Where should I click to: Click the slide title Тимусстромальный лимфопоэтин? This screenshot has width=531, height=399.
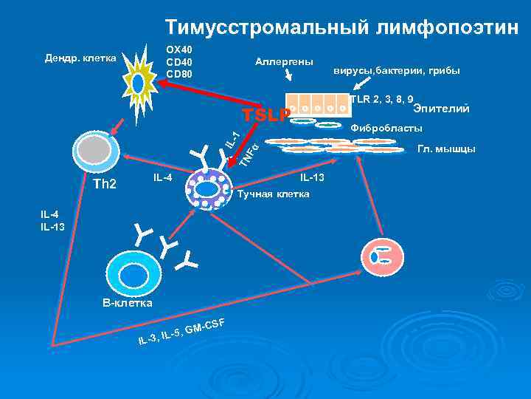tap(341, 27)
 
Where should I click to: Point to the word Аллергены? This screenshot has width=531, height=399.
tap(284, 61)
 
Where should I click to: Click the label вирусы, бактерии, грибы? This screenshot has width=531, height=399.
tap(397, 71)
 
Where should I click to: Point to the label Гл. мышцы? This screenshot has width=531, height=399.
tap(446, 149)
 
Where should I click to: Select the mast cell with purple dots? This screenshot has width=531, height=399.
tap(209, 190)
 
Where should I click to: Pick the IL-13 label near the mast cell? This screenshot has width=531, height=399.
tap(312, 178)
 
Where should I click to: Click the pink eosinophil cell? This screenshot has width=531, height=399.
tap(383, 256)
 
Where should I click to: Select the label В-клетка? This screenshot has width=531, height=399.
tap(127, 303)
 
